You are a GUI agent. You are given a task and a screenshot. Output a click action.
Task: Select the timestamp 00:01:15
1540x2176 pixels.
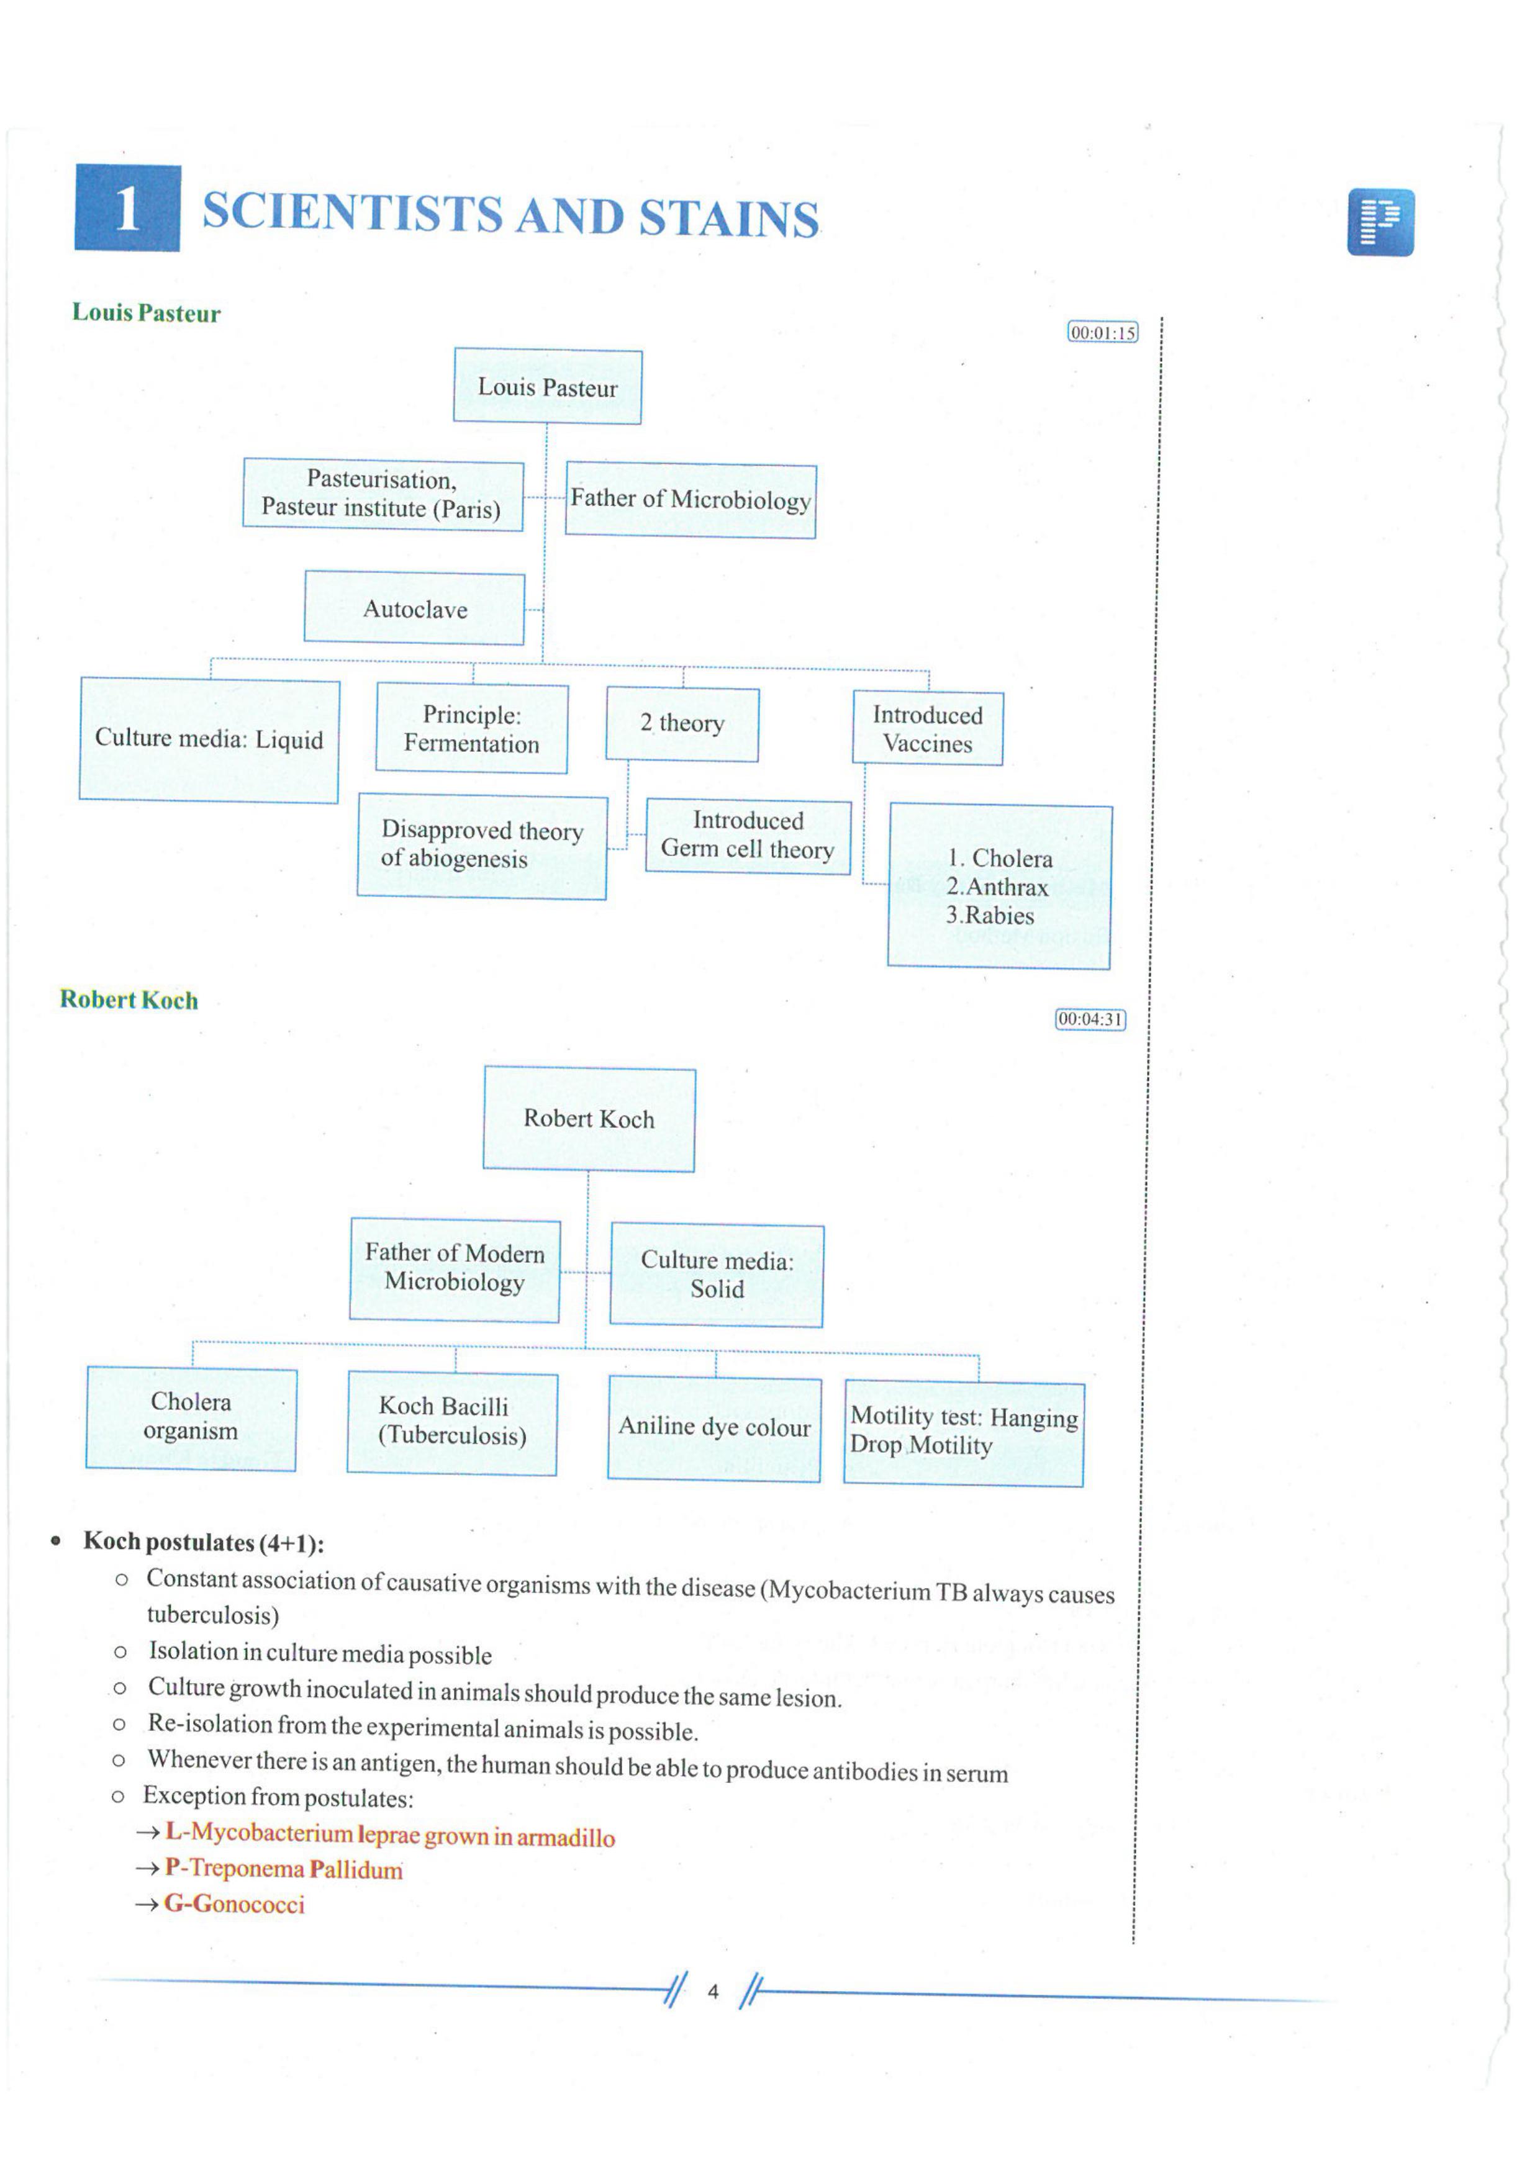[1102, 333]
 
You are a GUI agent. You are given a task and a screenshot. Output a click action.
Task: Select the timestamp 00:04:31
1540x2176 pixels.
[1090, 1019]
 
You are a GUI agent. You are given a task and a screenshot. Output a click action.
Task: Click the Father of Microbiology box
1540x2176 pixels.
[691, 500]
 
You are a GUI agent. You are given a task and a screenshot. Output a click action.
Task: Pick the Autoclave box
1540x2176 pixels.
[414, 608]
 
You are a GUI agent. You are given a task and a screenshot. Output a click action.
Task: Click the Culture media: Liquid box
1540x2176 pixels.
[209, 739]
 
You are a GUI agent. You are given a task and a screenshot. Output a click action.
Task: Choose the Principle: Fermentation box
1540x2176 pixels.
[472, 729]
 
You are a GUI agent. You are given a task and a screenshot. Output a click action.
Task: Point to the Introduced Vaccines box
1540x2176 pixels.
[927, 729]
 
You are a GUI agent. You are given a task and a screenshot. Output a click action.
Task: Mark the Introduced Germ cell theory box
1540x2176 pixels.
[748, 835]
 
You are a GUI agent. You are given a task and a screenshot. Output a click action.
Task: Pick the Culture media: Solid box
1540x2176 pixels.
[717, 1275]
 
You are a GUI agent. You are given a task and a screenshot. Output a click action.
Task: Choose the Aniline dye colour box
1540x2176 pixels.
[715, 1429]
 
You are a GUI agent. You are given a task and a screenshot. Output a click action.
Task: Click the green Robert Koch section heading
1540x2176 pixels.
[129, 1000]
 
